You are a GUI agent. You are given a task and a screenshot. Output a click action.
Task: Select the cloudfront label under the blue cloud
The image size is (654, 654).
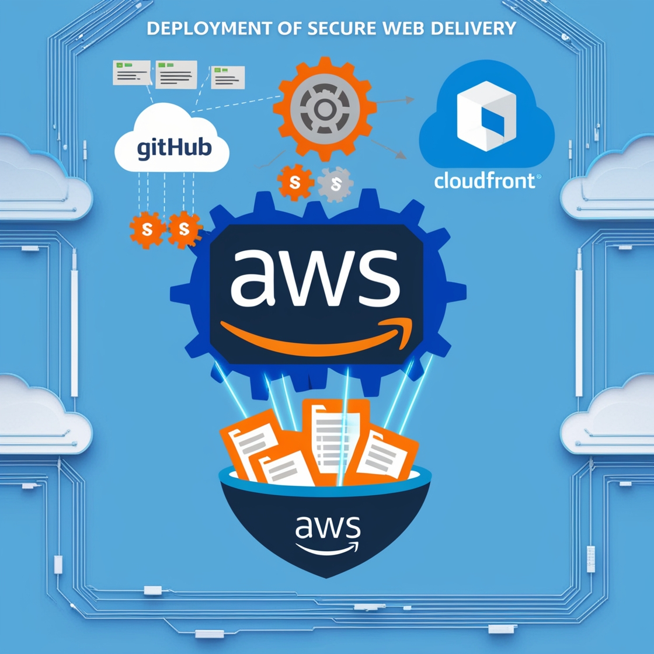(x=484, y=180)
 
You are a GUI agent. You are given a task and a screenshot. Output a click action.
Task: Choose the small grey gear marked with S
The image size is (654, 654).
(x=335, y=185)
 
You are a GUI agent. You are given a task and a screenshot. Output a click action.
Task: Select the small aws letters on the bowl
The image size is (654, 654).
(x=327, y=528)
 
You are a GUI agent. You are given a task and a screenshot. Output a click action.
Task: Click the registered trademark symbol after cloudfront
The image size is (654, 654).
(x=538, y=176)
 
